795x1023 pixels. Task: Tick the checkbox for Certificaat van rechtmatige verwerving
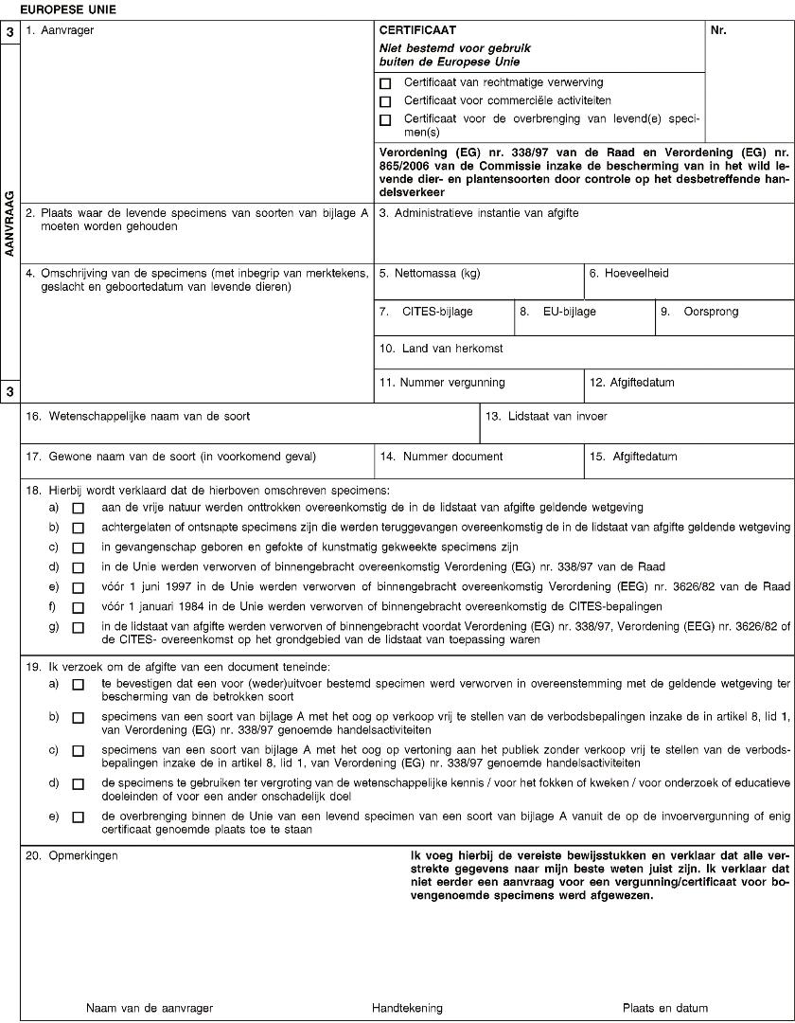click(385, 83)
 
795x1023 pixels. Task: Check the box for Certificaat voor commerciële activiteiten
click(385, 101)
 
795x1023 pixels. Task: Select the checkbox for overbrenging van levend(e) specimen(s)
click(385, 120)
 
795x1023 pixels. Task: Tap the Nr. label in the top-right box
click(718, 31)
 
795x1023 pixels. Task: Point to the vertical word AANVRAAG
click(9, 224)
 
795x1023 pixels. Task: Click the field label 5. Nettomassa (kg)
click(430, 274)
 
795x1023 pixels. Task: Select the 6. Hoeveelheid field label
click(628, 274)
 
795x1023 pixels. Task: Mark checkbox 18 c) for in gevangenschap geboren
click(78, 547)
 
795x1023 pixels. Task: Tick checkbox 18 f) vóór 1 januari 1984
click(78, 605)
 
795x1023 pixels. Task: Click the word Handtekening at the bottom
click(406, 1008)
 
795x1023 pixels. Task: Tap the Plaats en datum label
click(664, 1008)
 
